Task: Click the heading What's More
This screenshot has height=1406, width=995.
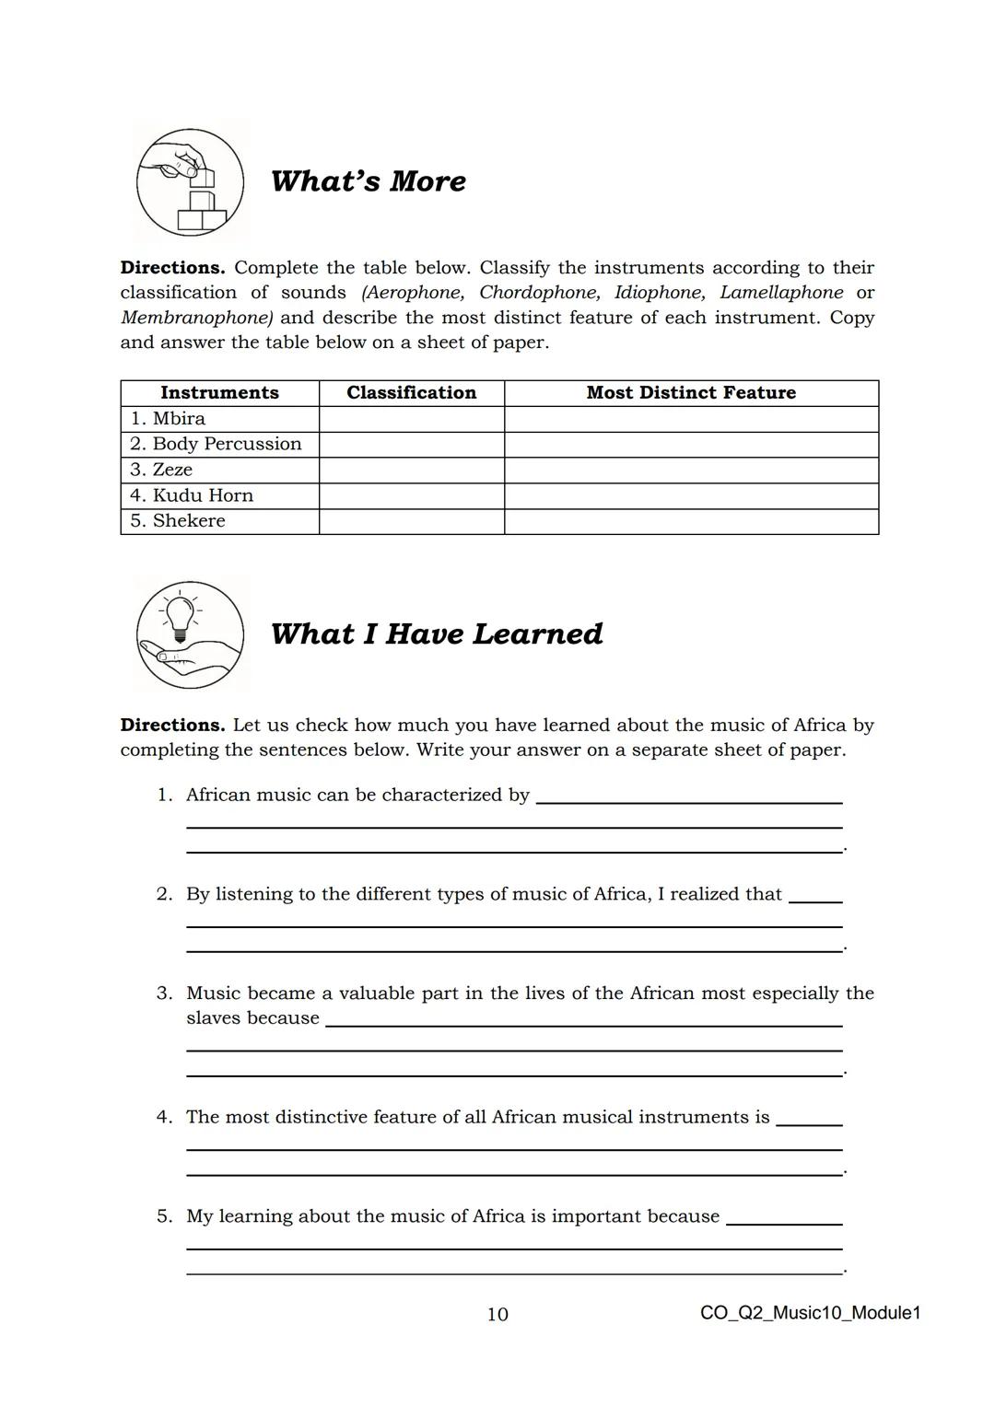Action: [368, 180]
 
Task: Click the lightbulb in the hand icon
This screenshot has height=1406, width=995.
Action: [190, 634]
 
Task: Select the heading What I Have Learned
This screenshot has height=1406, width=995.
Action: [436, 633]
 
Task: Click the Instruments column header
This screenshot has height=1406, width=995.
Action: [219, 393]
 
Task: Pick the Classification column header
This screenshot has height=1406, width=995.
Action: [411, 393]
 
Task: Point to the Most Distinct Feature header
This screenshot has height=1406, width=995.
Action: [691, 393]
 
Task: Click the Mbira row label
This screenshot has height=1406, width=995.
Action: [168, 419]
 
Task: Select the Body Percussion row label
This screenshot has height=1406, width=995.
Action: [216, 444]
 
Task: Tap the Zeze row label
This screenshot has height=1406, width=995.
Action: [161, 470]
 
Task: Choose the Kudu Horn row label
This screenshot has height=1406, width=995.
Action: [191, 495]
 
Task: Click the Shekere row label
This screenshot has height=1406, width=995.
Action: [177, 521]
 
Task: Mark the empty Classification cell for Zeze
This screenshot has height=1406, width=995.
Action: [411, 470]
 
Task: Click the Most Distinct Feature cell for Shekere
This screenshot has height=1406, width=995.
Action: [691, 521]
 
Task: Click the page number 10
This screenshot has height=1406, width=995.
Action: [497, 1314]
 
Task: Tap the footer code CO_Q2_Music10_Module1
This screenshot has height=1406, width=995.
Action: [810, 1313]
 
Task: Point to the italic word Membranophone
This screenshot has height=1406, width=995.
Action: [196, 318]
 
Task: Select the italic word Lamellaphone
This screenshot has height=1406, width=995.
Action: [780, 293]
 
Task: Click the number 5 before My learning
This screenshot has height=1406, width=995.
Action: [163, 1216]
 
